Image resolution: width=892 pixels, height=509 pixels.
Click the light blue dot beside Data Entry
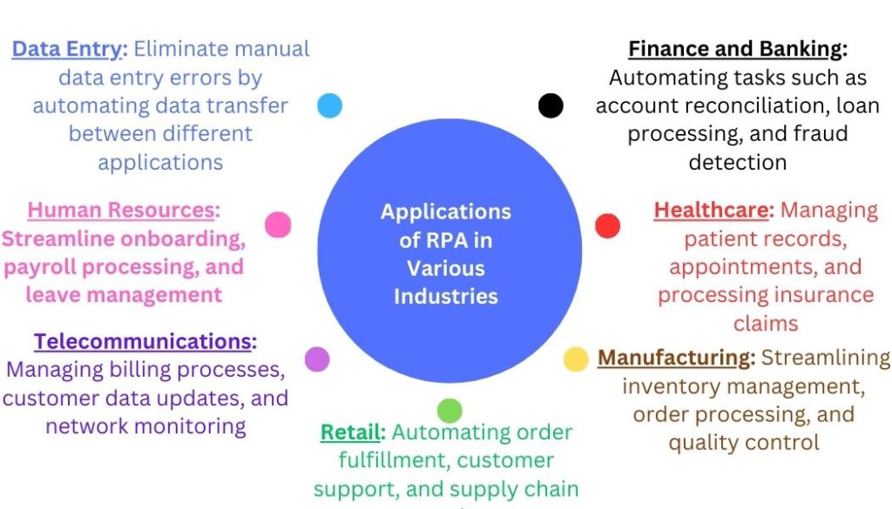tap(329, 105)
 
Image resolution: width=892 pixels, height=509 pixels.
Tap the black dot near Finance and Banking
tap(551, 106)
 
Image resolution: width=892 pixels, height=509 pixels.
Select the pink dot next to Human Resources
tap(278, 224)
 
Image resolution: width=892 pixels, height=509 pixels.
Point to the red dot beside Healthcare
tap(607, 226)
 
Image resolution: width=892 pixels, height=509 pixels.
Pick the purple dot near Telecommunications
tap(317, 359)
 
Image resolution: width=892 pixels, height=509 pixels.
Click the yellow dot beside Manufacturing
tap(576, 359)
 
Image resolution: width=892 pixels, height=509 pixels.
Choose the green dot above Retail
tap(449, 409)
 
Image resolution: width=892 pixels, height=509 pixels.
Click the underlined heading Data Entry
tap(69, 49)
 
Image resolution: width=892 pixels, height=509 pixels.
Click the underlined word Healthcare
tap(713, 210)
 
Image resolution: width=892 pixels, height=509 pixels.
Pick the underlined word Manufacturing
tap(674, 358)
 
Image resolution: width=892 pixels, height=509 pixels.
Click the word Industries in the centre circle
tap(446, 296)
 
